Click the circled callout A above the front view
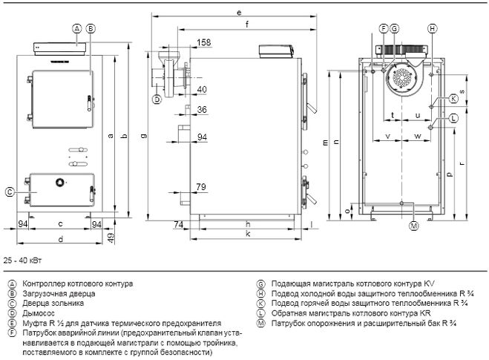(x=76, y=28)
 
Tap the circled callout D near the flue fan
(x=157, y=99)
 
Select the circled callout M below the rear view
(x=414, y=225)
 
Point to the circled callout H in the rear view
(x=433, y=28)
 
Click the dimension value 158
(x=204, y=42)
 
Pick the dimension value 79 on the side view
(x=201, y=186)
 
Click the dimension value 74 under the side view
(x=179, y=223)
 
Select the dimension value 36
(x=202, y=110)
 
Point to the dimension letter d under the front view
(x=59, y=239)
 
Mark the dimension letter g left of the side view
(x=145, y=134)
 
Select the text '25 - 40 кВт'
(x=23, y=262)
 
